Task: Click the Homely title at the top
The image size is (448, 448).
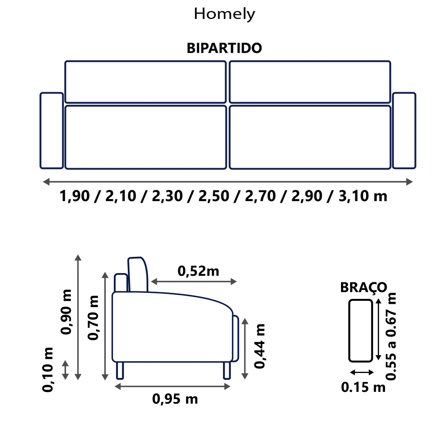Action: tap(224, 14)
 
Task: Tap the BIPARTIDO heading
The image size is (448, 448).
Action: tap(224, 48)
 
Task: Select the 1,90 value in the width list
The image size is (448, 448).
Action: tap(75, 196)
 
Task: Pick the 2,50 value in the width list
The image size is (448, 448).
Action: tap(214, 196)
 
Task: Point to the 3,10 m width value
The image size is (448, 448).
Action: tap(363, 196)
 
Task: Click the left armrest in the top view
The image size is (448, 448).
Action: tap(52, 130)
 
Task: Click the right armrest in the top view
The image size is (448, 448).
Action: tap(404, 130)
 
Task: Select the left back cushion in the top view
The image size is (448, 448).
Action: tap(145, 82)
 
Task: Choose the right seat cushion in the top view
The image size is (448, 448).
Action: tap(310, 137)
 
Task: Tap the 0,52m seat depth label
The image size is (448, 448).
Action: tap(198, 271)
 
